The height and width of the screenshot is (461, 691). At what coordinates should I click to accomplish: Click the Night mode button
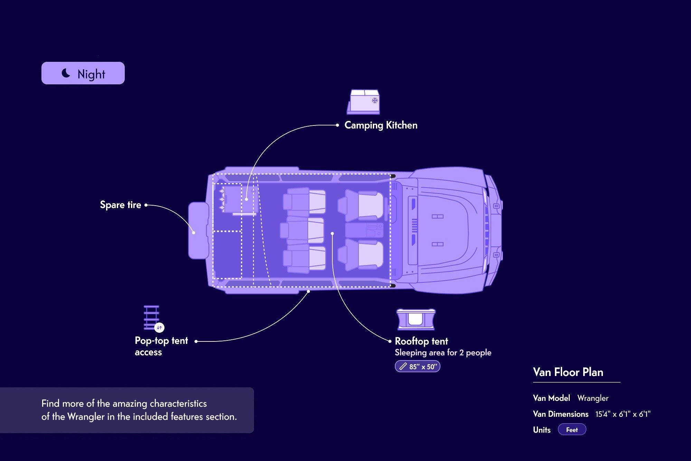pos(83,73)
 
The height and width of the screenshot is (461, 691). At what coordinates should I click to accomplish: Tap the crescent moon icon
pos(66,73)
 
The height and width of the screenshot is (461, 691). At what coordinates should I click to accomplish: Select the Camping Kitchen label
pos(381,125)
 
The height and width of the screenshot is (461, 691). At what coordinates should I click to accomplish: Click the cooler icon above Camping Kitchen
pos(363,102)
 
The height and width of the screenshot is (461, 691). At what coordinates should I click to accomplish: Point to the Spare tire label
pos(121,205)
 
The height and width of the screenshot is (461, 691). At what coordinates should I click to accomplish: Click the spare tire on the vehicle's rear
pos(198,230)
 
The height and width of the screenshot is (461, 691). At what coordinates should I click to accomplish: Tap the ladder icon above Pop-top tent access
pos(152,318)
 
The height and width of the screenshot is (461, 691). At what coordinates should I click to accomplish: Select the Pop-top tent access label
pos(161,346)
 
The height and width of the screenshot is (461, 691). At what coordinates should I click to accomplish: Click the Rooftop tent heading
pos(422,341)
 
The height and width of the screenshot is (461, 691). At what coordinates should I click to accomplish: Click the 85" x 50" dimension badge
pos(417,366)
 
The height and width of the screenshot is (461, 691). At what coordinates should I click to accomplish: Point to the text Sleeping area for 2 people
pos(443,353)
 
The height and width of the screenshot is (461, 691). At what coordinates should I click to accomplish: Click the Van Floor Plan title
pos(568,372)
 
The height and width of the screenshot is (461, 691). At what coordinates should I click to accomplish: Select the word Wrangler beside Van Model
pos(593,398)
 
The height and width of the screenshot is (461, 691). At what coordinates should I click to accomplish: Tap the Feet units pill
pos(572,430)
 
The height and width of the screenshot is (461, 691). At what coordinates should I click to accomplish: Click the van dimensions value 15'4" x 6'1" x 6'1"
pos(623,414)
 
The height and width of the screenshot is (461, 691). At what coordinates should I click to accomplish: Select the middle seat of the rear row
pos(302,230)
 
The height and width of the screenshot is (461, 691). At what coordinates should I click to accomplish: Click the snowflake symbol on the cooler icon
pos(375,101)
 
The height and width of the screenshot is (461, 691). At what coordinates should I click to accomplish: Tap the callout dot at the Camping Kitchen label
pos(337,125)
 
